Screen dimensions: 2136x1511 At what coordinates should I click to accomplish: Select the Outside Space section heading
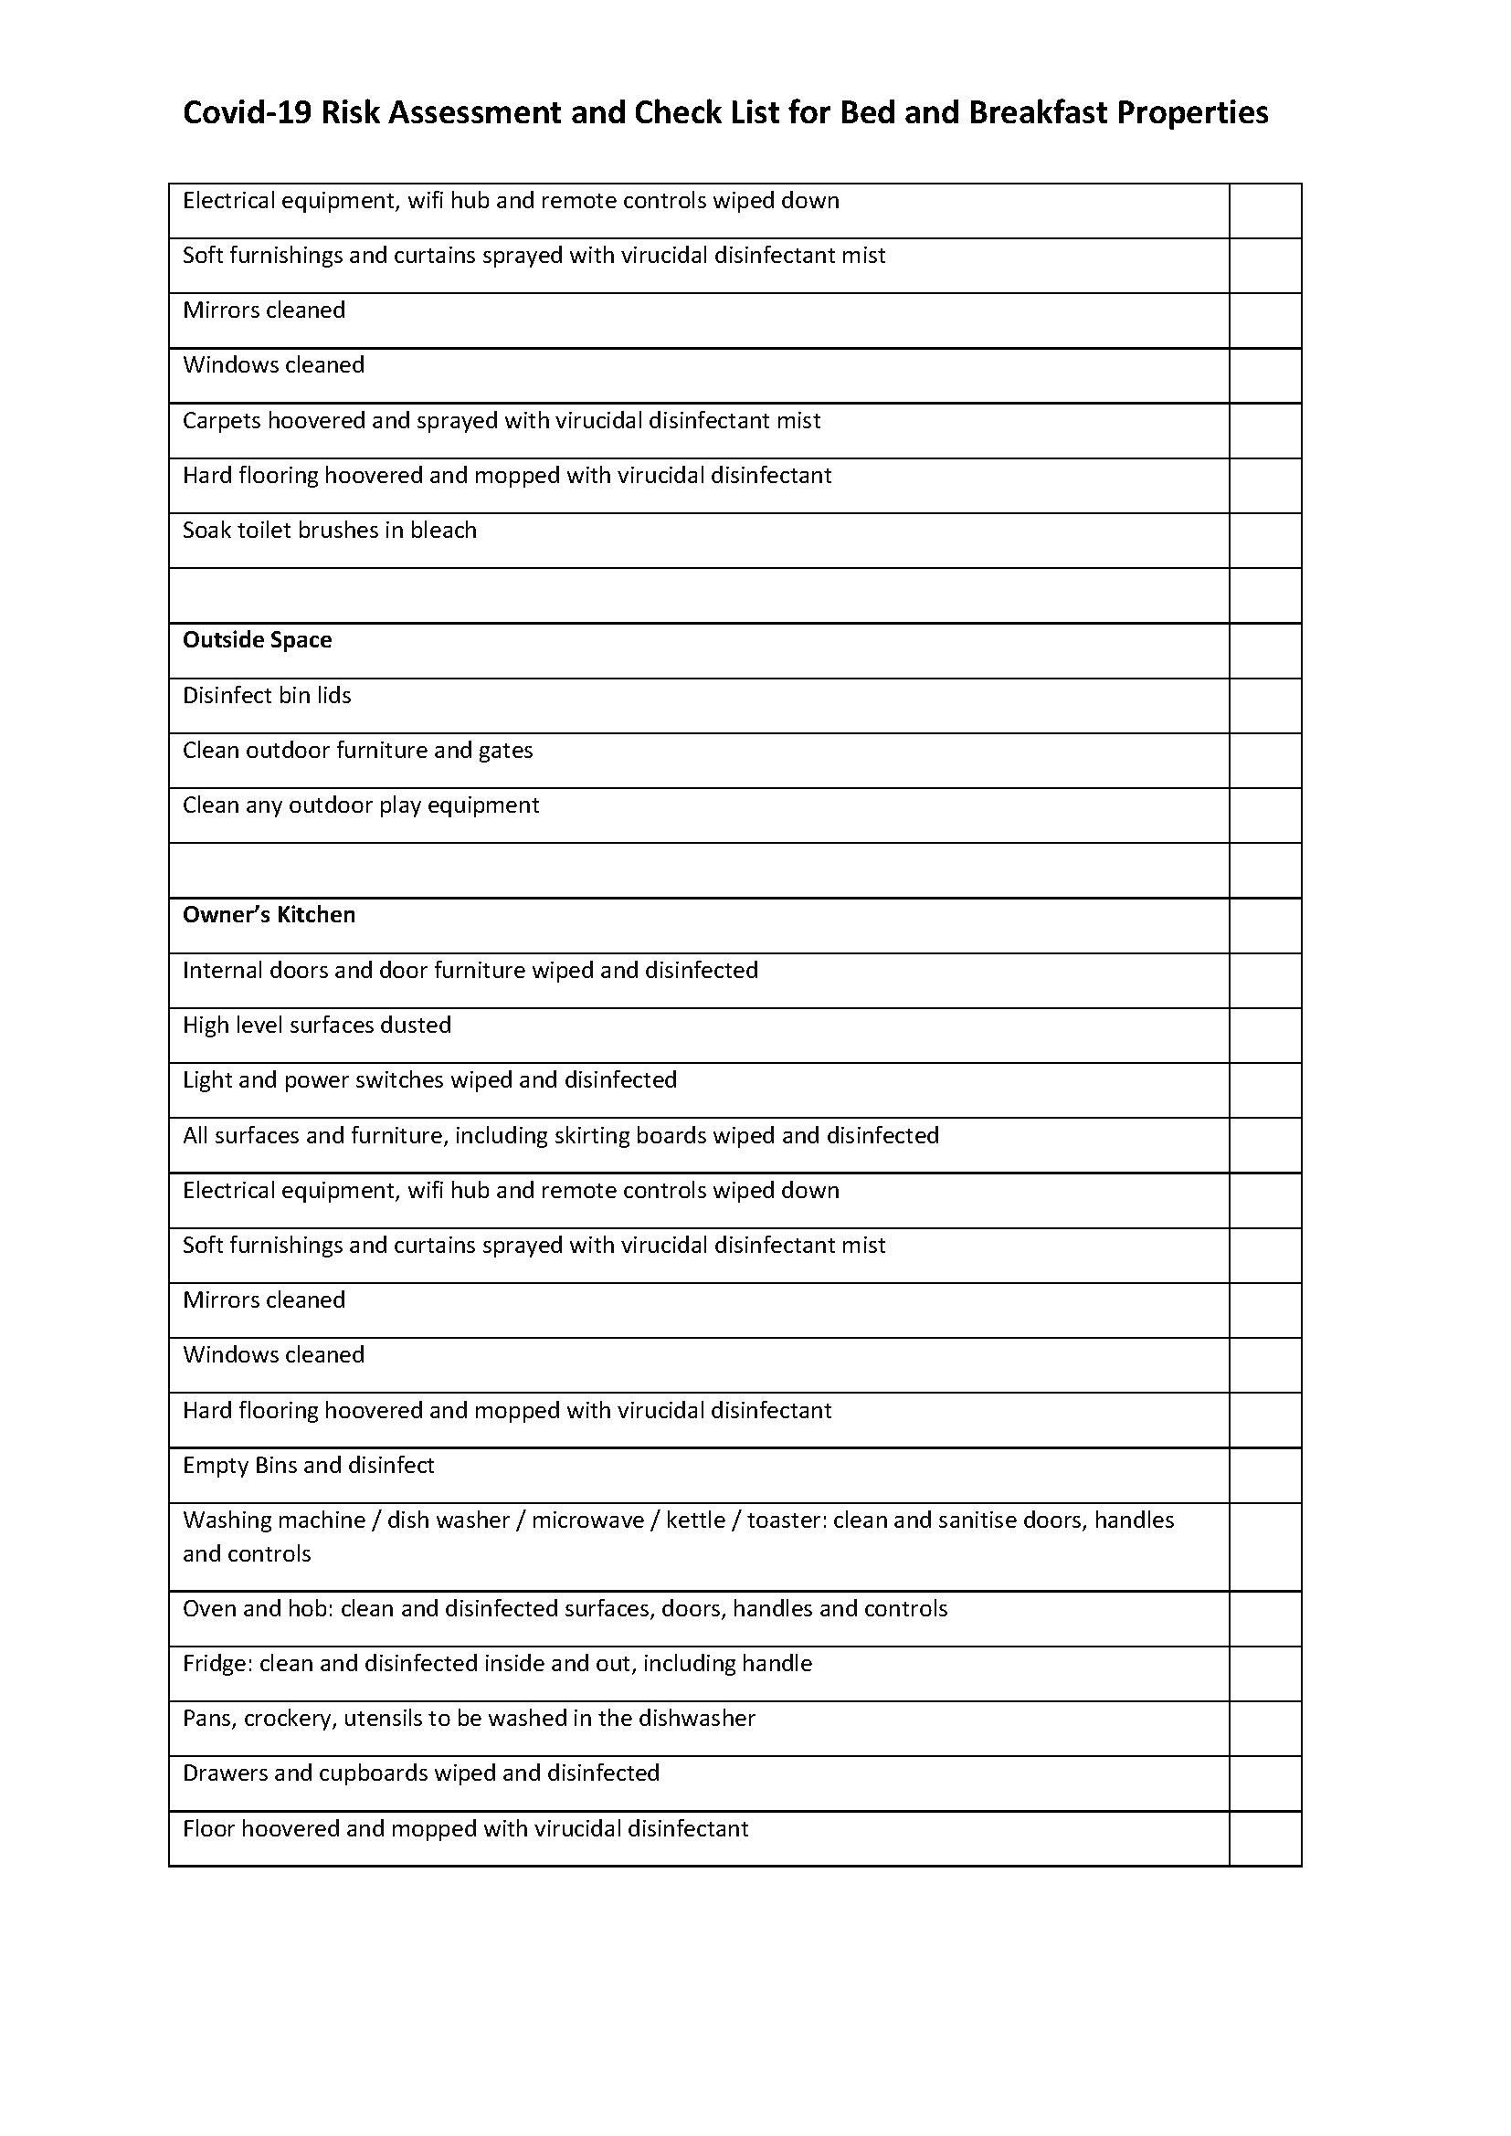coord(257,640)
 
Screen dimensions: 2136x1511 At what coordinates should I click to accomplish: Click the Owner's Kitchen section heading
coord(269,915)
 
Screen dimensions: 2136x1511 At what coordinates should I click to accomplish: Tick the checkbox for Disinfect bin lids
coord(1264,706)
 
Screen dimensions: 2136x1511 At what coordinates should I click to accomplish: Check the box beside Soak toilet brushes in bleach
coord(1264,541)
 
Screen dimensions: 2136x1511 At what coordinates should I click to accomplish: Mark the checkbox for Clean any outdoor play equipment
coord(1264,815)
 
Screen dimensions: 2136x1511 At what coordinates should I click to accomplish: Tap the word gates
coord(505,751)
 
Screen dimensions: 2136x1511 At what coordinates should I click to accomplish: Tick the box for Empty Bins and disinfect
coord(1264,1476)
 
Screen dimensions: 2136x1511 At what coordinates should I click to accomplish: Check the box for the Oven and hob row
coord(1264,1620)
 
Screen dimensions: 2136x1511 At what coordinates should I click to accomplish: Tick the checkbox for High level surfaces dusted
coord(1264,1036)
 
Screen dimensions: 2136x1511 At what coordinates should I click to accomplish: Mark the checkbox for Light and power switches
coord(1264,1090)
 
